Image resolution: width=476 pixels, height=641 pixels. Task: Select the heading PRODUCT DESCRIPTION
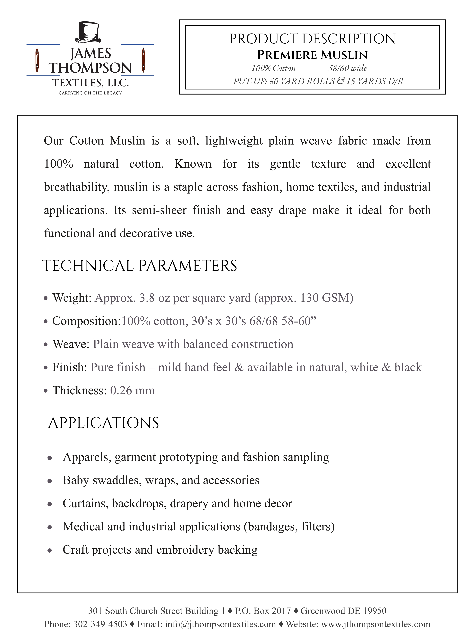312,39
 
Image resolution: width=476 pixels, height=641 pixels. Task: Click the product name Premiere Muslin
312,55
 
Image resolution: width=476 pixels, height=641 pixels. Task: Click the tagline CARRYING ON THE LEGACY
90,93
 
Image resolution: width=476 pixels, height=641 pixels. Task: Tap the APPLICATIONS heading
103,423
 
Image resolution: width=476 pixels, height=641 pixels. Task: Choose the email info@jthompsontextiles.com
220,624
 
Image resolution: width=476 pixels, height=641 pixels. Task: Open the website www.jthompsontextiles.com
376,624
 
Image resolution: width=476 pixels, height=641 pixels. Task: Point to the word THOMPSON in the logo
90,68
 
